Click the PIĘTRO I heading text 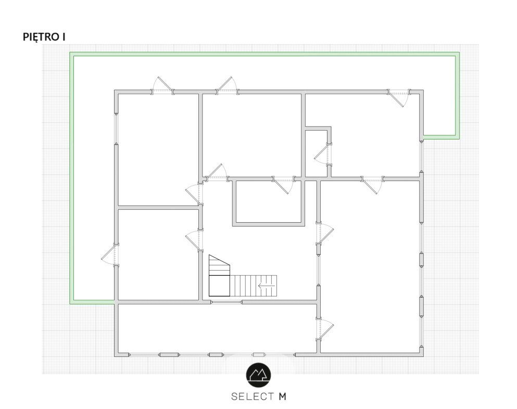click(x=44, y=37)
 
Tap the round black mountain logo click(x=259, y=375)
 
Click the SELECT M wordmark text click(x=259, y=396)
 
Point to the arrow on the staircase click(x=267, y=285)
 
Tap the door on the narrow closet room click(x=323, y=155)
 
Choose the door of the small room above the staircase click(x=283, y=185)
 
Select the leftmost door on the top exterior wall click(x=162, y=86)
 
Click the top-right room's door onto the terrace click(x=399, y=97)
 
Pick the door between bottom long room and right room click(x=325, y=329)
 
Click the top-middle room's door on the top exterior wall click(x=227, y=86)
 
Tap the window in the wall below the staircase click(x=226, y=302)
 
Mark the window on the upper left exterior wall click(x=117, y=129)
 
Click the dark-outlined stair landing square click(x=219, y=285)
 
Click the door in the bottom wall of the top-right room click(x=373, y=185)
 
